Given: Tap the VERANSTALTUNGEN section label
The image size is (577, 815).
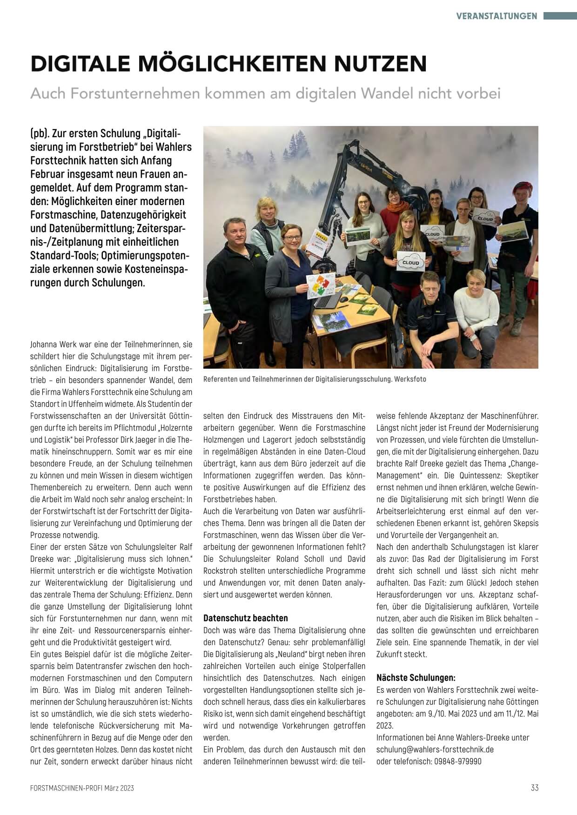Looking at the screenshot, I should pyautogui.click(x=496, y=16).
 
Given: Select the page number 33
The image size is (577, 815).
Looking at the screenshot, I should pyautogui.click(x=534, y=788).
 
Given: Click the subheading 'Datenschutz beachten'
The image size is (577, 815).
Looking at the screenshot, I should pyautogui.click(x=246, y=618).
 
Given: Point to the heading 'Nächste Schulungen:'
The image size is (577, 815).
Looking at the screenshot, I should pyautogui.click(x=416, y=677).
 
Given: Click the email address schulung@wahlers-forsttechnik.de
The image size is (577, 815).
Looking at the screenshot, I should pyautogui.click(x=435, y=749).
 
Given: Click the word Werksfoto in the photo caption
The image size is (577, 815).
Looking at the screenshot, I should pyautogui.click(x=410, y=379).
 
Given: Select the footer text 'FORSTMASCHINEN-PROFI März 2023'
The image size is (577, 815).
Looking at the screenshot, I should pyautogui.click(x=82, y=788).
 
